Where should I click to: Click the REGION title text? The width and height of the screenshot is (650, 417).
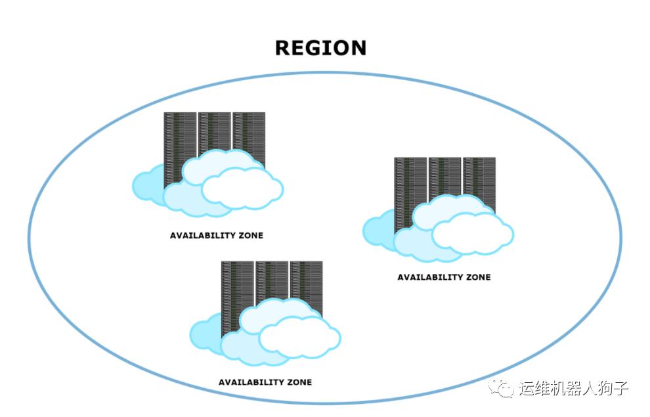tap(320, 48)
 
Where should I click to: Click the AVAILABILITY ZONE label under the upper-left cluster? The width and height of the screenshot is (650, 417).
tap(217, 235)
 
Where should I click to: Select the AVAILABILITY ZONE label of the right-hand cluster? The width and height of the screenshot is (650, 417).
tap(444, 277)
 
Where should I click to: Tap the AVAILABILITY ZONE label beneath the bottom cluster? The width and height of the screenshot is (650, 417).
tap(265, 382)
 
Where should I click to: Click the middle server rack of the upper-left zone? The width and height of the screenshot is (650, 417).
tap(215, 131)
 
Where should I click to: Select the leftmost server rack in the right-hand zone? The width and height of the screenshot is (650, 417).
tap(410, 181)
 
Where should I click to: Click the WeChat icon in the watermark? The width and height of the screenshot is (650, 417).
tap(505, 389)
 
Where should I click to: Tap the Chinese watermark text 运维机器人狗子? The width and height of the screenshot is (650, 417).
tap(573, 389)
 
